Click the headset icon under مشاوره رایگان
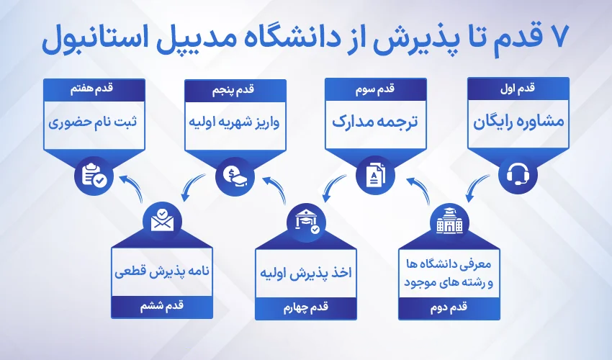click(x=518, y=174)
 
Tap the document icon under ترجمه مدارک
click(x=376, y=174)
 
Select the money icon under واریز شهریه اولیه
click(x=235, y=174)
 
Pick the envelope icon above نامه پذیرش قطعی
click(x=163, y=220)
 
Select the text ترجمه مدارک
click(x=376, y=120)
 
